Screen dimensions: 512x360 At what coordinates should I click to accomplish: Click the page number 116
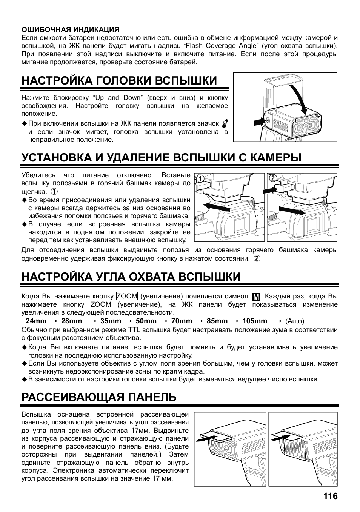pos(330,496)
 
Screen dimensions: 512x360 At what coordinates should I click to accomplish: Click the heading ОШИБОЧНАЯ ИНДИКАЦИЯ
pos(70,29)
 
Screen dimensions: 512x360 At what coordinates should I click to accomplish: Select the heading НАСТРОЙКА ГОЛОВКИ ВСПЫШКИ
pos(119,80)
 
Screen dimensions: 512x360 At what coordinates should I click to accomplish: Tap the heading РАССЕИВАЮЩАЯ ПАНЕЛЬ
pos(99,397)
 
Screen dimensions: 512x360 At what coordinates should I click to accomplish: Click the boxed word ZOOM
pos(127,296)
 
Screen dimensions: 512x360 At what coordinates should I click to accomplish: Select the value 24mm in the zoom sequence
pos(36,321)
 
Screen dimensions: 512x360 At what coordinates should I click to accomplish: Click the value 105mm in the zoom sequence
pos(254,321)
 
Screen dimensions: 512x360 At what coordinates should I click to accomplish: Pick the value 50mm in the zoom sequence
pos(146,321)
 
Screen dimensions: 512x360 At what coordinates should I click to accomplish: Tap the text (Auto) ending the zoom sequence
pos(295,321)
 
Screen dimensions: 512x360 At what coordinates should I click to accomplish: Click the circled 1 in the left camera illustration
pos(200,178)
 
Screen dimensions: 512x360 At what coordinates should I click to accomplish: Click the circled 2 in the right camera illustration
pos(273,178)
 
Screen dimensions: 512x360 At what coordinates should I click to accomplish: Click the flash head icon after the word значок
pos(225,123)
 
